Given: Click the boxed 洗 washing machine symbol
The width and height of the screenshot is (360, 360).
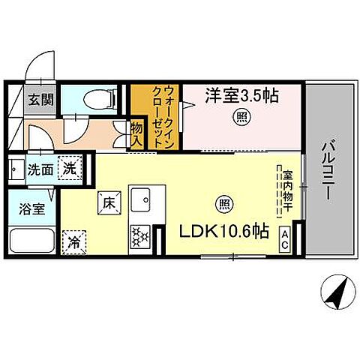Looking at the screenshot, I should point(69,169).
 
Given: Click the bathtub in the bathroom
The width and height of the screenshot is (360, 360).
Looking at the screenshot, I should point(32,241).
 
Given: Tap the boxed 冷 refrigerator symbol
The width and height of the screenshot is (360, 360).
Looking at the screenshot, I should point(75,242).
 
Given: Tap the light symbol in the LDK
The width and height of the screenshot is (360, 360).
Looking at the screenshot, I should point(224,202).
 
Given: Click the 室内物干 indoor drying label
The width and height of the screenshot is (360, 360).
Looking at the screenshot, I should point(287,193).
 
